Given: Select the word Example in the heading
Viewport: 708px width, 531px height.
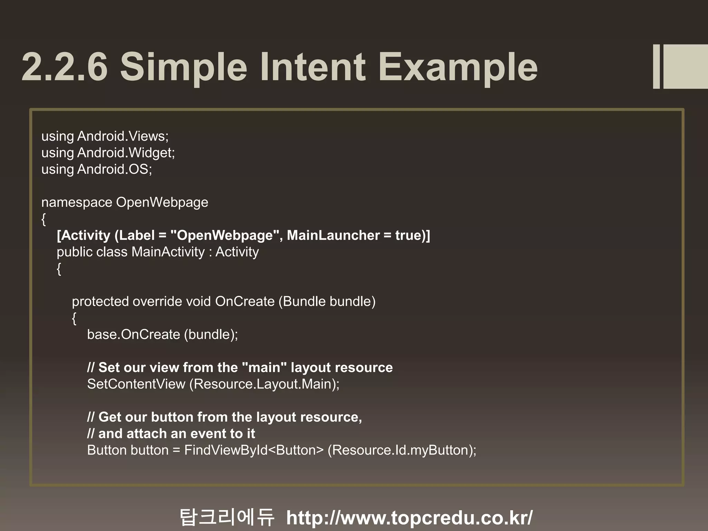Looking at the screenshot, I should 458,66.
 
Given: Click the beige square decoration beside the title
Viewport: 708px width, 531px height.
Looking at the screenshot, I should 684,66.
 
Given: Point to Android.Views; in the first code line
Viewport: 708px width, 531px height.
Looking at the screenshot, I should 123,136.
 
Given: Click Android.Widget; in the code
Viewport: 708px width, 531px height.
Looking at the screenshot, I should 126,153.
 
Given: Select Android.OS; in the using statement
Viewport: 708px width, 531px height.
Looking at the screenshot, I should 114,169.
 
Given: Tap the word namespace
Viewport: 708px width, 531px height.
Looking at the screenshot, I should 76,203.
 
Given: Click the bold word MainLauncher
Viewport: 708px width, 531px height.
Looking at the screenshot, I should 333,235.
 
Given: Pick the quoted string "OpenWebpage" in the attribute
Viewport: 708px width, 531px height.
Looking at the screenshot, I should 225,235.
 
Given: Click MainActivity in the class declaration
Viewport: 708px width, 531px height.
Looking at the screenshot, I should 168,252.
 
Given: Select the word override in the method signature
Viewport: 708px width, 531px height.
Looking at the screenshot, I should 157,301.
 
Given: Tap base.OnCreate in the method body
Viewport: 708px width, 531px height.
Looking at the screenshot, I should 133,335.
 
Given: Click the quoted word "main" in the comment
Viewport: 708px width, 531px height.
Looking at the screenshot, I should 264,367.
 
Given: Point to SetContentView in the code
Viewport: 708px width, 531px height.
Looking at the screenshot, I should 136,384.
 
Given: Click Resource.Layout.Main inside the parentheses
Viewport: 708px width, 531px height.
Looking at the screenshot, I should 264,384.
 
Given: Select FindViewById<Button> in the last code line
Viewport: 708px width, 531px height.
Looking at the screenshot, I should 254,450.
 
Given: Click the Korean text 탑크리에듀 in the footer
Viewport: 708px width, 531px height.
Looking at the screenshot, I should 227,517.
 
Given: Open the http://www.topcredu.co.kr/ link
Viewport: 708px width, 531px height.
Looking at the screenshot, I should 409,518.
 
